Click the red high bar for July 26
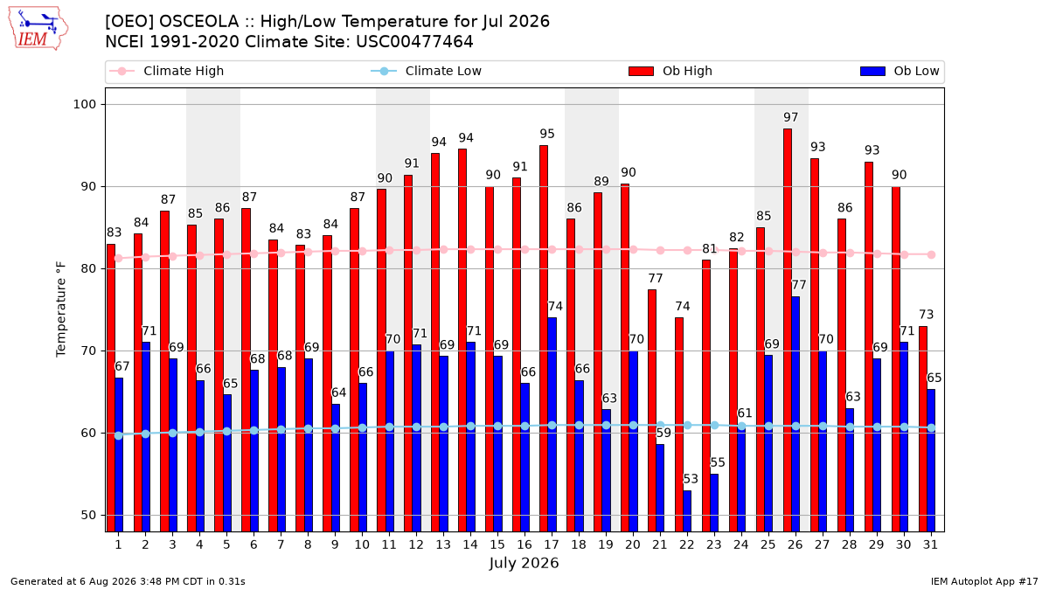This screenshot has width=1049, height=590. click(788, 330)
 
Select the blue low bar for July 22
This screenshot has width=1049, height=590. click(687, 510)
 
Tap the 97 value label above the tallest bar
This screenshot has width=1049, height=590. click(790, 117)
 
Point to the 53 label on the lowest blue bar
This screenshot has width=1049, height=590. click(691, 479)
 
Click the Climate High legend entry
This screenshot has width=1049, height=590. click(166, 71)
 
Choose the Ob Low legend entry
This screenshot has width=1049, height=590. click(900, 71)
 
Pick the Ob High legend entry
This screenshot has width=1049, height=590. click(670, 71)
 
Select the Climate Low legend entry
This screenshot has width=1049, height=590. click(427, 71)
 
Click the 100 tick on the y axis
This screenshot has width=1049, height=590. click(84, 104)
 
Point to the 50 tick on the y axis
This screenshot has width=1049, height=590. click(88, 515)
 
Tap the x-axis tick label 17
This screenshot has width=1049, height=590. click(552, 545)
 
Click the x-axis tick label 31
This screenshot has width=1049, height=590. click(930, 545)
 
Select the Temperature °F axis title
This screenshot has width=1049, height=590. click(61, 309)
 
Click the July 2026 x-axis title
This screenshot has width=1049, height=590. click(524, 563)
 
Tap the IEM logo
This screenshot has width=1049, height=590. click(38, 29)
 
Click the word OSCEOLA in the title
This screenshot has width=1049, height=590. click(198, 22)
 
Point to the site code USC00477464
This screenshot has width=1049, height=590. click(415, 42)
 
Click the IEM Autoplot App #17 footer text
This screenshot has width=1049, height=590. click(984, 581)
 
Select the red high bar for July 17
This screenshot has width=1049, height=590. click(544, 338)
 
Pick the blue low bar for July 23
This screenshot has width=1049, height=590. click(714, 503)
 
